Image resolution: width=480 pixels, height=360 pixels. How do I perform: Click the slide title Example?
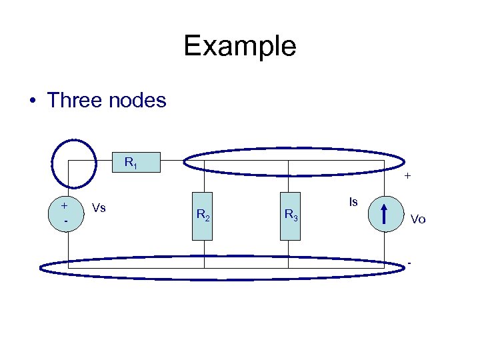[240, 47]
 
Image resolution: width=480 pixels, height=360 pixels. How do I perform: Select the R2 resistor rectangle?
[203, 215]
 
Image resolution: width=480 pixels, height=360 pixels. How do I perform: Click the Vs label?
[99, 208]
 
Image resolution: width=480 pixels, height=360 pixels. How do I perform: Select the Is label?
[353, 201]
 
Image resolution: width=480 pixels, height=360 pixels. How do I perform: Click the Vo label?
[418, 219]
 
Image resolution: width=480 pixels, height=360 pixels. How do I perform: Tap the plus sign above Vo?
[407, 177]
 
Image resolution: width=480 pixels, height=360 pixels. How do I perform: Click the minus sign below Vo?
[409, 262]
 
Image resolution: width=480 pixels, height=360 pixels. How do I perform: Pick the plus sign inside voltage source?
[64, 206]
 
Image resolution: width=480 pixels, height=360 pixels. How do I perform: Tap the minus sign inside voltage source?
[64, 220]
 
